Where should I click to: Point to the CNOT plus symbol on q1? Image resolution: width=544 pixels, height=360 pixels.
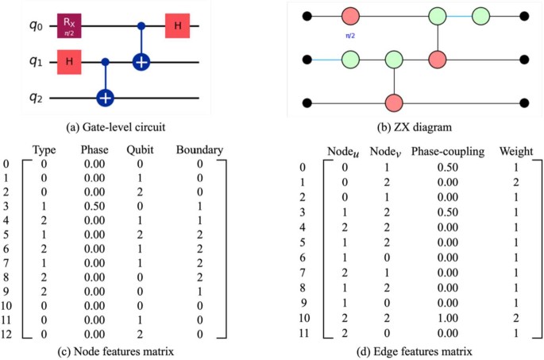point(141,62)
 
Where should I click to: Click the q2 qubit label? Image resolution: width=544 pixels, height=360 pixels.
point(25,97)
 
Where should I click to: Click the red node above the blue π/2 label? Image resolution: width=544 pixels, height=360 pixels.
point(351,16)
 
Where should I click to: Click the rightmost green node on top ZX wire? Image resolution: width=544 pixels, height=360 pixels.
point(480,16)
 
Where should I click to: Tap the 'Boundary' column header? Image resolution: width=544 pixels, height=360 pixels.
point(200,148)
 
